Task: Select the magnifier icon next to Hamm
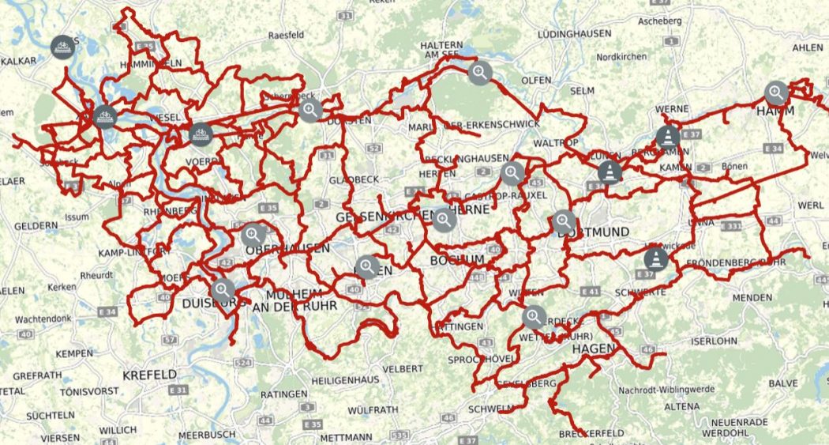[777, 93]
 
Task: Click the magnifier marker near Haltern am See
[480, 74]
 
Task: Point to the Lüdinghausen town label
[574, 36]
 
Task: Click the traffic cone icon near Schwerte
[655, 258]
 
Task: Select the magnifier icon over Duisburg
[223, 290]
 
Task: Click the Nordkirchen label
[621, 57]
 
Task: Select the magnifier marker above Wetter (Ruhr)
[535, 317]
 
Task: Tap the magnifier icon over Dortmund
[564, 222]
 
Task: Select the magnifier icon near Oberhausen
[253, 234]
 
